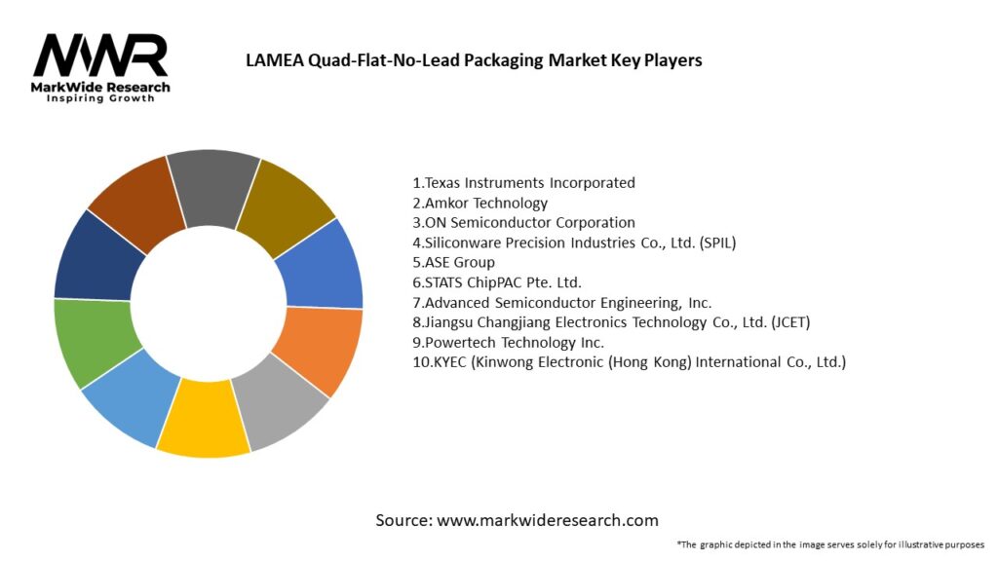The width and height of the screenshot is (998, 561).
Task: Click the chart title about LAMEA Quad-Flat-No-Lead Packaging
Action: click(474, 60)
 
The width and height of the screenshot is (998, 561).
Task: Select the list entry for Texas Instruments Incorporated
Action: click(524, 182)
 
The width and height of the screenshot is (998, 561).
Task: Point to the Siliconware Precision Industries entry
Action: click(574, 243)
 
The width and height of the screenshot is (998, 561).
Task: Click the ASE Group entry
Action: click(454, 262)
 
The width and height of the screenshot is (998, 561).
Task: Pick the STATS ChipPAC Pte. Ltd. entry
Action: click(497, 282)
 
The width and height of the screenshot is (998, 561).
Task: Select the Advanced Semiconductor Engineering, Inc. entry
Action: click(562, 302)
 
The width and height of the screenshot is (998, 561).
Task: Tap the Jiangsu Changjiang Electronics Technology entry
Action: click(611, 322)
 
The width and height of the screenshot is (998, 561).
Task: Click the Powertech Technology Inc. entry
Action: click(509, 342)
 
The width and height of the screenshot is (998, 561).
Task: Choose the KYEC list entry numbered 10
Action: click(630, 362)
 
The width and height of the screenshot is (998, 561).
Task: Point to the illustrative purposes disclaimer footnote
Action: click(830, 544)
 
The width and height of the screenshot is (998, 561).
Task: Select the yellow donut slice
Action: click(203, 430)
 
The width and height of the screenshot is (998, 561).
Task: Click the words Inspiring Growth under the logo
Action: click(100, 98)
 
